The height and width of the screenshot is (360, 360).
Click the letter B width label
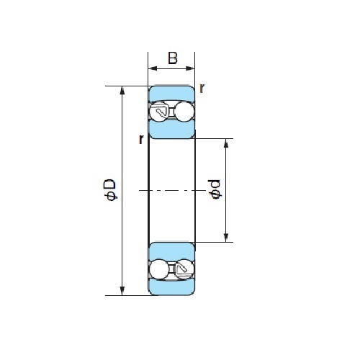[x=173, y=58]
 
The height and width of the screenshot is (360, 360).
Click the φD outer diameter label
[x=109, y=189]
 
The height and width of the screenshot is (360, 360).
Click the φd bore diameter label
[x=215, y=189]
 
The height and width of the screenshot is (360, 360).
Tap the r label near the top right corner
[x=202, y=89]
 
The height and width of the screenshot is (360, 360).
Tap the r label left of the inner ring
[x=141, y=139]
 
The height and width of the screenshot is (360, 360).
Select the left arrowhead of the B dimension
[x=153, y=68]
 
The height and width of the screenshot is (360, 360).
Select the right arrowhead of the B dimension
[x=190, y=68]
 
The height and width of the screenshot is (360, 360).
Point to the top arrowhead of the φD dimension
[x=122, y=91]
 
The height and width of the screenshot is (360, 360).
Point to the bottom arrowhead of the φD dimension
[x=122, y=291]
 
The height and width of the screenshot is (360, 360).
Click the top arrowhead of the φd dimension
[x=226, y=143]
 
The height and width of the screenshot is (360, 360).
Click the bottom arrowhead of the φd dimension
[x=226, y=238]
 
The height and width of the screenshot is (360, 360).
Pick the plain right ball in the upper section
[x=184, y=112]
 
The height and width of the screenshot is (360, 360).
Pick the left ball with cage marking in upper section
[x=159, y=112]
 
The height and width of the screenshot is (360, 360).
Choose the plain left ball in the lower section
[x=159, y=269]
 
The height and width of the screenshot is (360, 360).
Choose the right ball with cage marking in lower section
[x=184, y=269]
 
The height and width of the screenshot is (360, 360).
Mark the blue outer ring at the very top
[x=171, y=93]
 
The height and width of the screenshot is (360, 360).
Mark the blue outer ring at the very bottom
[x=171, y=287]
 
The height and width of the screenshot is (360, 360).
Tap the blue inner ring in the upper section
[x=171, y=130]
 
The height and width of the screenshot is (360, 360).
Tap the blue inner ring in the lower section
[x=171, y=251]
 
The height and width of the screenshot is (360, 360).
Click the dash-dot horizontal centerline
[x=172, y=190]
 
